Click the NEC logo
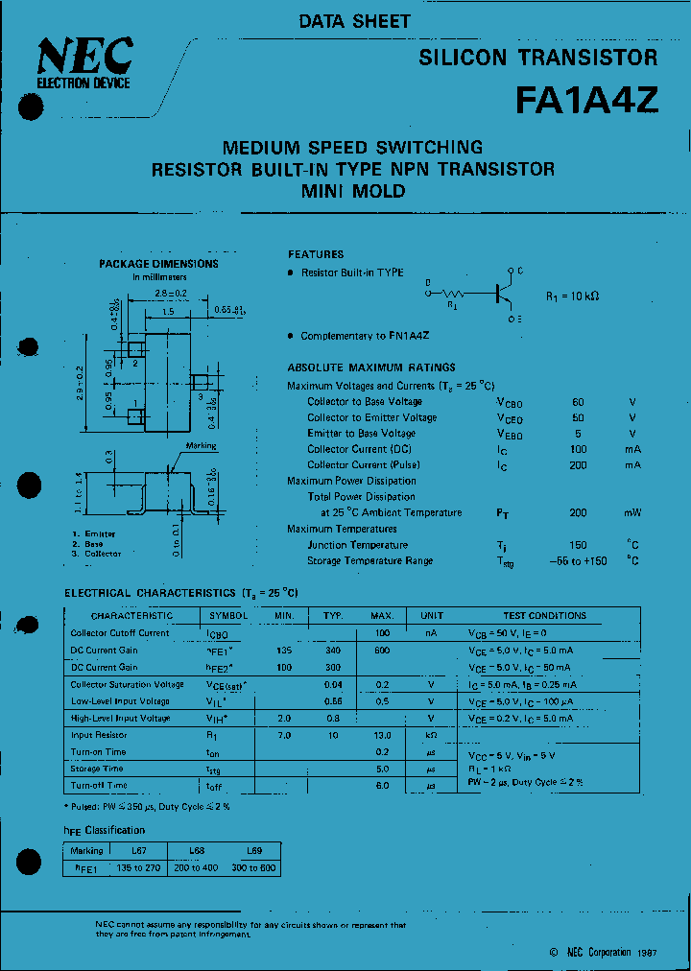[83, 59]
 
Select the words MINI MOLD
[353, 191]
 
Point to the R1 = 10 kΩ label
[572, 296]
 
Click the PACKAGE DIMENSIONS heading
[158, 264]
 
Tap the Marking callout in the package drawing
[201, 446]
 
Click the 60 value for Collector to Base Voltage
[578, 402]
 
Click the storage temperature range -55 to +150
[578, 561]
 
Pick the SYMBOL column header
[228, 616]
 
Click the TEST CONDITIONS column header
[544, 616]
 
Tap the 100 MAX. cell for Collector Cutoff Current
[382, 633]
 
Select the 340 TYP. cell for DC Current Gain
[332, 651]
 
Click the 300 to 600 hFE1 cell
[253, 867]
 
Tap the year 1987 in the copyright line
[646, 952]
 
